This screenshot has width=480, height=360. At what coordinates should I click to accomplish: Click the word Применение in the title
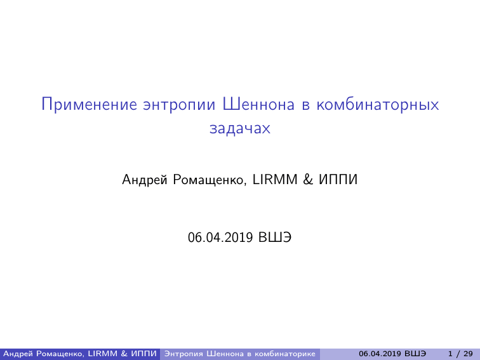coord(89,104)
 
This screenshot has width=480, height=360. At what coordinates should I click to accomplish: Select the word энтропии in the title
coord(180,105)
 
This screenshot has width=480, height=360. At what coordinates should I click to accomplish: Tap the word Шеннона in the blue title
coord(258,104)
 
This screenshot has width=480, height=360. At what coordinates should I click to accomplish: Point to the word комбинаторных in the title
coord(378,105)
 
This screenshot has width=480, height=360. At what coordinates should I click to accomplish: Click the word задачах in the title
coord(240,128)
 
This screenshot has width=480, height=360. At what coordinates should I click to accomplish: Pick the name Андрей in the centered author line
coord(145,180)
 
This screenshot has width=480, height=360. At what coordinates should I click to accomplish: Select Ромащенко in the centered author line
coord(210,180)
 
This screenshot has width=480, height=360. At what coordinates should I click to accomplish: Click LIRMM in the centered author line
coord(275,180)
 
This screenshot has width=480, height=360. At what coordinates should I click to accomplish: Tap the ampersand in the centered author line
coord(308,180)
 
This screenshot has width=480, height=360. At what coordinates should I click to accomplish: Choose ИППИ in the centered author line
coord(338,180)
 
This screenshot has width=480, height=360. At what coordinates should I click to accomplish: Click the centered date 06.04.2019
coord(220,237)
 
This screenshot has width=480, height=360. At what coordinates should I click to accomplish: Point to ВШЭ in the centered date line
coord(275,237)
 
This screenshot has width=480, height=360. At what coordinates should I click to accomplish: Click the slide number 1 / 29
coord(460,354)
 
